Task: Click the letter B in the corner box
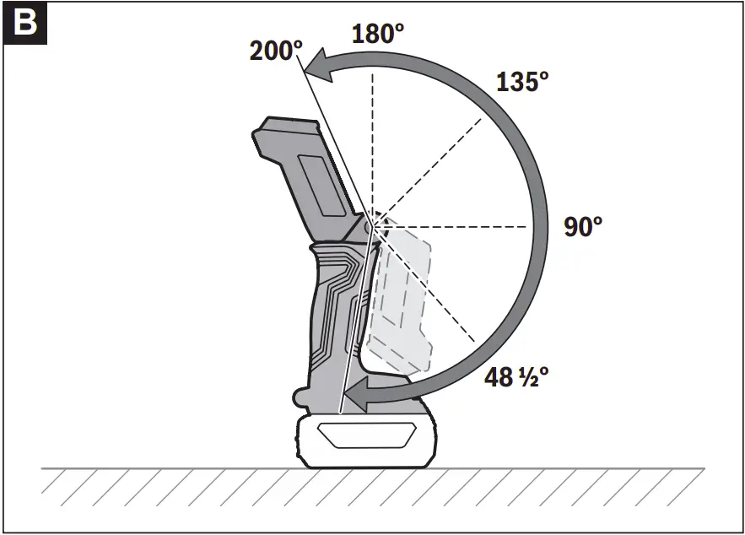coord(25,23)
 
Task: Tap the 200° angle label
coord(275,51)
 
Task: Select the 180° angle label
coord(377,33)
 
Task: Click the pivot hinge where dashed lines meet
coord(371,225)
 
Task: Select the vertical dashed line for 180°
coord(371,143)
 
